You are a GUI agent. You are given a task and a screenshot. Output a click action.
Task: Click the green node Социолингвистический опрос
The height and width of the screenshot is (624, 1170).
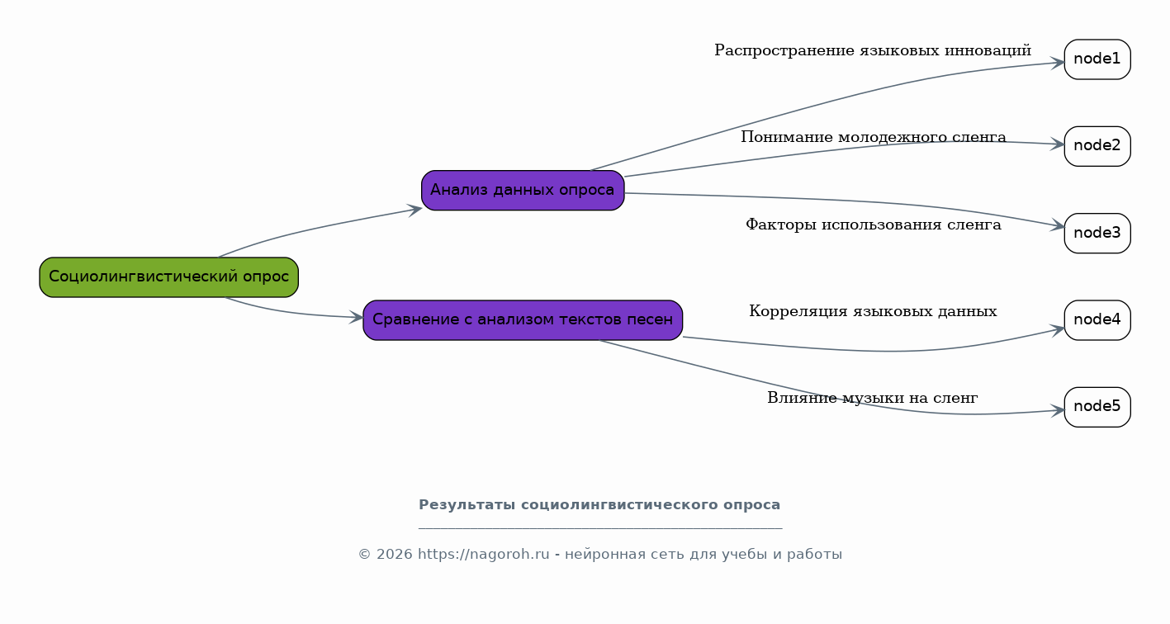[x=168, y=277]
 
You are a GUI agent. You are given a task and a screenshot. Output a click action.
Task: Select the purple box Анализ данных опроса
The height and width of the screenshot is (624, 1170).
[x=523, y=190]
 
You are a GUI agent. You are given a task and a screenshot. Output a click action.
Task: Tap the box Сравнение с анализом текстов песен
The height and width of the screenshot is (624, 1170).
[x=523, y=320]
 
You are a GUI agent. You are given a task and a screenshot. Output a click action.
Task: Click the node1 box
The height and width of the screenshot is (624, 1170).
[x=1097, y=59]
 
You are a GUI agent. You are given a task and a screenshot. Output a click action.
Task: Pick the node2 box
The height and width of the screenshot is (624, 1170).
[x=1097, y=146]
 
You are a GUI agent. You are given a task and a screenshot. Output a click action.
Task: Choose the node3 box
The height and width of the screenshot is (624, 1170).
[x=1097, y=234]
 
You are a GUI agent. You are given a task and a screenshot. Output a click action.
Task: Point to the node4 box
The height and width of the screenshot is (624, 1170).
[x=1097, y=320]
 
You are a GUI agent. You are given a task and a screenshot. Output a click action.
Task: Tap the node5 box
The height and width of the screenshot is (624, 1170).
[x=1097, y=407]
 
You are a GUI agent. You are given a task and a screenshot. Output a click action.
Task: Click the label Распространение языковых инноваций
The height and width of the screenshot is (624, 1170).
[x=873, y=50]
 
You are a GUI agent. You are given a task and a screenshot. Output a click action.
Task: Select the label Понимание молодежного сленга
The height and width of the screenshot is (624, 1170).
[x=874, y=137]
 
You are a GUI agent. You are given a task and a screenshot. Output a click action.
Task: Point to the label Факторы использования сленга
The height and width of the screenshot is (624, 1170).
[x=874, y=225]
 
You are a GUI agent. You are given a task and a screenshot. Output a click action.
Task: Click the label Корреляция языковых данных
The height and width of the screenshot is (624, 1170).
[x=873, y=311]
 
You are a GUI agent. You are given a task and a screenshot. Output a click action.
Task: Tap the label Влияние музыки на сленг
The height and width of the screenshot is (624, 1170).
[x=872, y=398]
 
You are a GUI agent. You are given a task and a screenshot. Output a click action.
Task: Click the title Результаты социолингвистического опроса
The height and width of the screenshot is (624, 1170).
[x=599, y=505]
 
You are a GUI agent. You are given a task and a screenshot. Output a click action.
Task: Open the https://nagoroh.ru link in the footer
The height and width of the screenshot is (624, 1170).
[x=484, y=554]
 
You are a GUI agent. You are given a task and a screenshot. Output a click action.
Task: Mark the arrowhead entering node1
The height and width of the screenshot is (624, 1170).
[x=1059, y=64]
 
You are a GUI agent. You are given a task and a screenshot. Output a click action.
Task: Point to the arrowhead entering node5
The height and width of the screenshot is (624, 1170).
[x=1059, y=411]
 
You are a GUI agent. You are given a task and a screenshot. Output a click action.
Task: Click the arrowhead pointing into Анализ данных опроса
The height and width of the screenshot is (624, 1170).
[x=415, y=210]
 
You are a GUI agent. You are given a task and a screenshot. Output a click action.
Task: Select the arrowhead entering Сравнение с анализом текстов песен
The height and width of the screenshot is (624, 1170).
[x=357, y=317]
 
